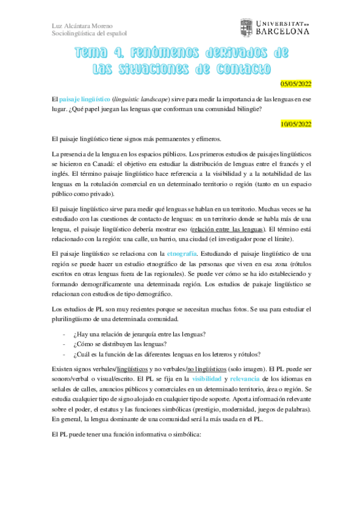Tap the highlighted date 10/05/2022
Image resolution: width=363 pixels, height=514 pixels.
pyautogui.click(x=295, y=124)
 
